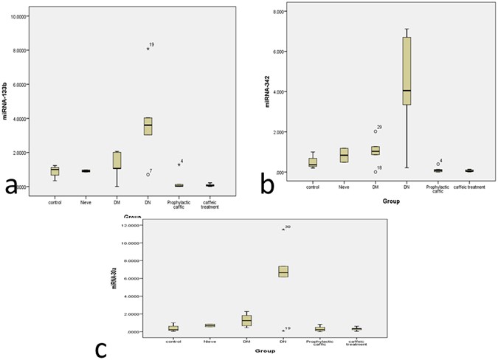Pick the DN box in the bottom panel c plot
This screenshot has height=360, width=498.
[283, 271]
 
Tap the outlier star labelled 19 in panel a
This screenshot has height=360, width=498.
[148, 49]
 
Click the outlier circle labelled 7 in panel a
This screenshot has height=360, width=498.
[148, 174]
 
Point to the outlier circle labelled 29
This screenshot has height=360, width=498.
[375, 131]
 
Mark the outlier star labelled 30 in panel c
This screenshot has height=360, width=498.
[283, 229]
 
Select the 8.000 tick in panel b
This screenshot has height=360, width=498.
[300, 12]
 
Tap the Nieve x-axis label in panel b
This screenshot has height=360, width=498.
[343, 190]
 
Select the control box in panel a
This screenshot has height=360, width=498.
[55, 170]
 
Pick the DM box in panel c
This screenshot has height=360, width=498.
[246, 320]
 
